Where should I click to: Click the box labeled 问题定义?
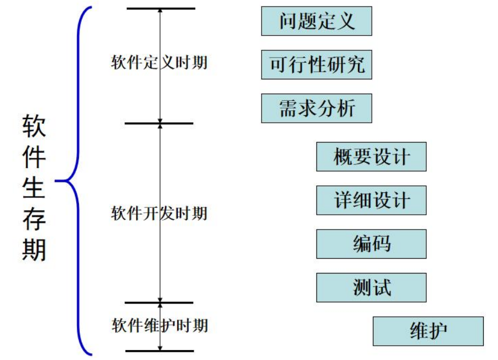pos(316,21)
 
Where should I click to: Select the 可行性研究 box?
pos(316,65)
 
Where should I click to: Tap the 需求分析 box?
pos(316,108)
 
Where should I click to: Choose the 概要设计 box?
pos(371,157)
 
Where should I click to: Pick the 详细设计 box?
pos(371,200)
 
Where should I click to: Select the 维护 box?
pos(428,331)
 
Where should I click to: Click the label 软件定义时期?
pos(159,62)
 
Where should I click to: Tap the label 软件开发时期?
pos(159,213)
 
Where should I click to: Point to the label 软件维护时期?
pos(160,325)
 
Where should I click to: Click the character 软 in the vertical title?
pos(34,127)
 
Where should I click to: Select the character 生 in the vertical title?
pos(34,189)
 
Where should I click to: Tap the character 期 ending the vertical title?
pos(34,250)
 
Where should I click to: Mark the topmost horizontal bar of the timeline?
pos(160,9)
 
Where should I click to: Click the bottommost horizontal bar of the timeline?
pos(160,351)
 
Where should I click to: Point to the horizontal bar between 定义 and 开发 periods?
pos(159,123)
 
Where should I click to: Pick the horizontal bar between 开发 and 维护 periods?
pos(159,302)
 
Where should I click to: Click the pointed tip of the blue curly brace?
pos(57,181)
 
